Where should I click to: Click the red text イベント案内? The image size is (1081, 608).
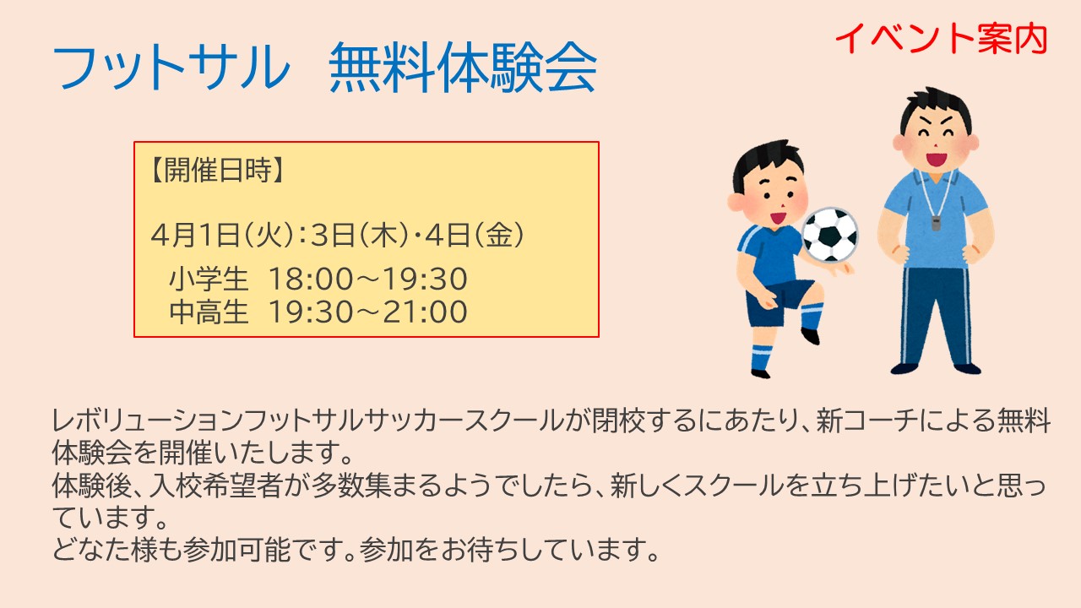click(941, 39)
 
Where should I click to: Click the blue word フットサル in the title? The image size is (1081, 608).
click(171, 67)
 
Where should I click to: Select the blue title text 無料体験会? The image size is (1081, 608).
click(464, 67)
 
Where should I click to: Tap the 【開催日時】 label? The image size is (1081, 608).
click(217, 171)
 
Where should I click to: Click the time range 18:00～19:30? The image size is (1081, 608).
click(367, 280)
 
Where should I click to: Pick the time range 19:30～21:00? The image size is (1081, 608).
click(367, 312)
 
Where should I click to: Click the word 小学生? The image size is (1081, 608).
click(209, 280)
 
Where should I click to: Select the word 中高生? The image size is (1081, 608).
click(209, 312)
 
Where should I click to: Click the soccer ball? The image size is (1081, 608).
click(830, 235)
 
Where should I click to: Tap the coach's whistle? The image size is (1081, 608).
click(937, 223)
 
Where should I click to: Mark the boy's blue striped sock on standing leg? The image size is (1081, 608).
click(762, 357)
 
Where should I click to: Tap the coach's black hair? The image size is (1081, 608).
click(935, 109)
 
